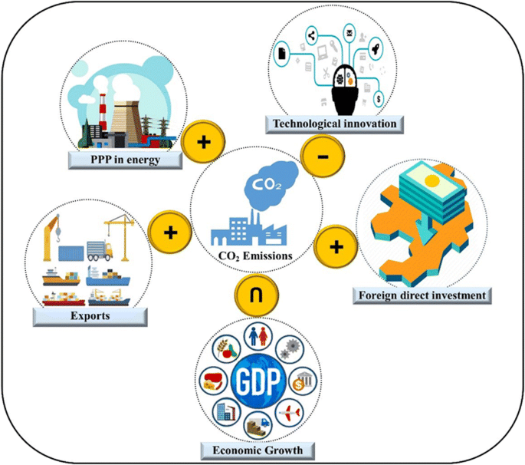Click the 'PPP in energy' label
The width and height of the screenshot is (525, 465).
point(124,159)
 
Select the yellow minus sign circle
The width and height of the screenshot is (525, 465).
point(323,157)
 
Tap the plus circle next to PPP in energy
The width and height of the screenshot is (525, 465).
point(203,142)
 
